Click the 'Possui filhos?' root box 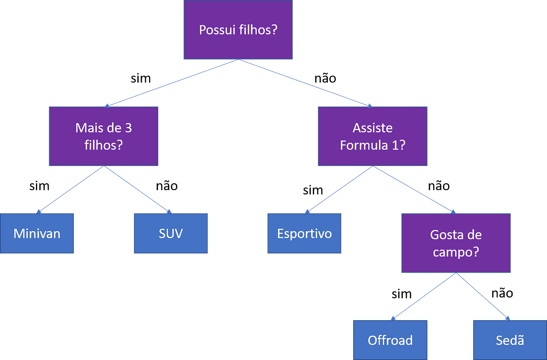238,30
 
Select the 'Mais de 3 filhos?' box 104,136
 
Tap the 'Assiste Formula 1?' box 372,136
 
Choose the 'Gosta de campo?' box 456,243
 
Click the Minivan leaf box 37,233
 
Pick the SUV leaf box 171,233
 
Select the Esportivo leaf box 304,233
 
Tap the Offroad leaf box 390,340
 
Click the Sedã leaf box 510,340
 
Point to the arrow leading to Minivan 70,189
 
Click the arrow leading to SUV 138,189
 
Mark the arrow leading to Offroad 424,296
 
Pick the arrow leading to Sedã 483,296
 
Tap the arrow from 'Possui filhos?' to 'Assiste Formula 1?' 305,83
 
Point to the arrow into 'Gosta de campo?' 414,189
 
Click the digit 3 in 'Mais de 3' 128,128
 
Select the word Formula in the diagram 363,145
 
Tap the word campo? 456,252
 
